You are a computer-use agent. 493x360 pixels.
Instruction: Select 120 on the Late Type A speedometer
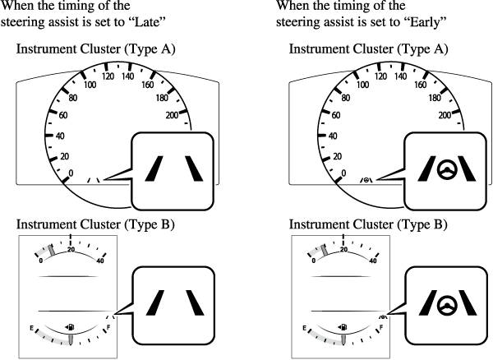[x=104, y=76]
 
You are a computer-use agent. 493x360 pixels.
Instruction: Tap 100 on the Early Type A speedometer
[x=358, y=85]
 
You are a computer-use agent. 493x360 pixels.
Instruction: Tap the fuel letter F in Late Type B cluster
[x=109, y=327]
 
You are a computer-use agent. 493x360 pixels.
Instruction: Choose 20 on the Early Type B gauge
[x=345, y=251]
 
